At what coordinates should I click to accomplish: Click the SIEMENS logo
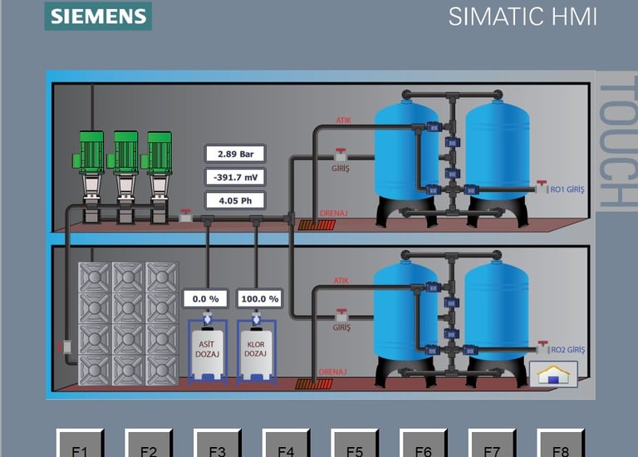98,16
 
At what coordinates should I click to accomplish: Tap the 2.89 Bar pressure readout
235,154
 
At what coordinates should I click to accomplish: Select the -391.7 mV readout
235,177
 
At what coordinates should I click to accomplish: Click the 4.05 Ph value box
235,200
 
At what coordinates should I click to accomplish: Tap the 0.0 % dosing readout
205,298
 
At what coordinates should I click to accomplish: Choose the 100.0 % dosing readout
258,298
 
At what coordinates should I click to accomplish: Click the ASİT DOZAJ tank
207,349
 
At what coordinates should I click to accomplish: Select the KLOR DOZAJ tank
255,349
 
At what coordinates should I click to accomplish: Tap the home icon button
552,374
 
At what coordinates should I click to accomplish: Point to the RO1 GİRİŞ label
567,189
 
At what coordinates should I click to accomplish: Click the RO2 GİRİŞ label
567,350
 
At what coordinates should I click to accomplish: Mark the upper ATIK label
343,120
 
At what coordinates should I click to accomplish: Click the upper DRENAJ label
333,214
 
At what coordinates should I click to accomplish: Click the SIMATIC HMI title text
523,17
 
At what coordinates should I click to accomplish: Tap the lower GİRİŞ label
341,327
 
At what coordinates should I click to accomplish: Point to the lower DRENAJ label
333,373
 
